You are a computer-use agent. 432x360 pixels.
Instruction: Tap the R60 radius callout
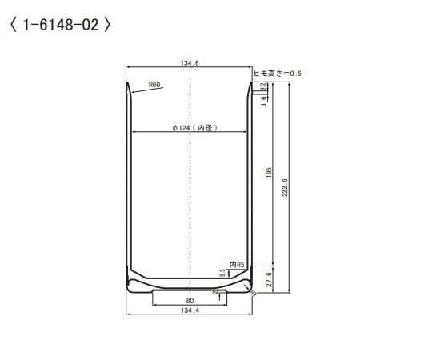click(154, 84)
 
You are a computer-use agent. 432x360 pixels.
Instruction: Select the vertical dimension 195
click(270, 172)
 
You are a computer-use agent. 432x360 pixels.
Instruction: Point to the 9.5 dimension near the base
click(222, 273)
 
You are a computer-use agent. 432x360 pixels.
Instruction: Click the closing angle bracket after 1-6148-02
click(107, 25)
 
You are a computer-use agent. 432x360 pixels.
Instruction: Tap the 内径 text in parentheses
click(205, 127)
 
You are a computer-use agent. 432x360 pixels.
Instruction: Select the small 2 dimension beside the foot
click(215, 293)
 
